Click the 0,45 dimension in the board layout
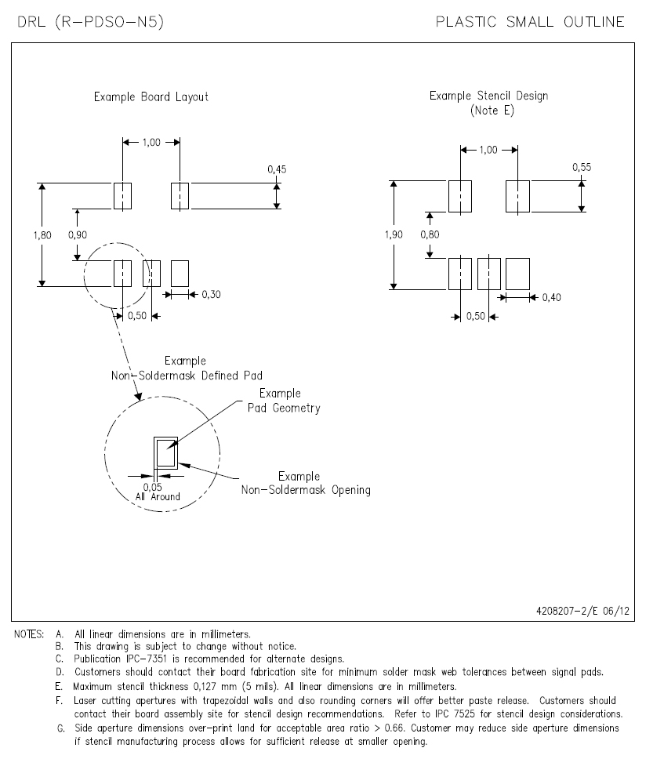point(277,169)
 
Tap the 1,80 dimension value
point(42,235)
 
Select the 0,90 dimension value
point(78,235)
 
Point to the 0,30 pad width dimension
point(211,295)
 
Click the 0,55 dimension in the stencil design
point(582,167)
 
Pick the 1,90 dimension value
point(394,234)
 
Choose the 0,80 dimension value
point(430,234)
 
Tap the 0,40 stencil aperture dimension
point(552,297)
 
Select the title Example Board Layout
point(151,96)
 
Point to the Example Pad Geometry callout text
point(284,401)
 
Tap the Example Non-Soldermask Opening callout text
point(306,483)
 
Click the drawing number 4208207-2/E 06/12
point(583,611)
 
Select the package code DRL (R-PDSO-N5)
point(90,22)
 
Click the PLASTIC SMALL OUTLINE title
point(530,22)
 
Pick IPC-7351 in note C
point(147,659)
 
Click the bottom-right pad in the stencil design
point(517,274)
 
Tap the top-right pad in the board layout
point(180,196)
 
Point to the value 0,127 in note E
point(205,686)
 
